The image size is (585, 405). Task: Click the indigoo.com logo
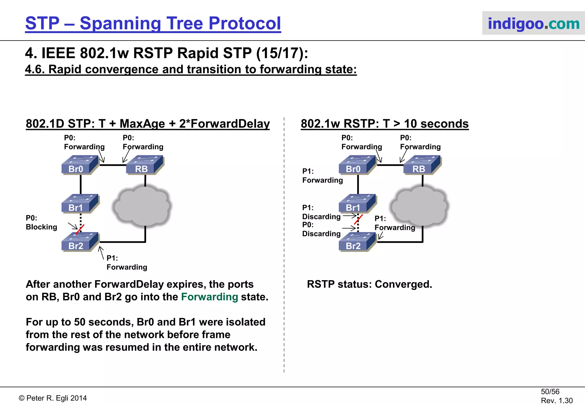[x=533, y=23]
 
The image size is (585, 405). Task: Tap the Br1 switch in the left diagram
[x=80, y=204]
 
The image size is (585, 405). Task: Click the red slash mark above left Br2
[x=80, y=229]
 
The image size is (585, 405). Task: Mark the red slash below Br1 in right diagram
[x=358, y=219]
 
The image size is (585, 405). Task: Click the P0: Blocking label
[x=41, y=222]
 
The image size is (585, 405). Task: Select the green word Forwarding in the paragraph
[x=209, y=297]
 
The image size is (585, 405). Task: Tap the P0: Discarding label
[x=321, y=229]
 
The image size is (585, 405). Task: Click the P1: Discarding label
[x=321, y=212]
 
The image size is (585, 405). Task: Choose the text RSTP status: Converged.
[x=369, y=284]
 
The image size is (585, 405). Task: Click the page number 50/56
[x=550, y=392]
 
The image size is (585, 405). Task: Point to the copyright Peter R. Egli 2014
[x=53, y=398]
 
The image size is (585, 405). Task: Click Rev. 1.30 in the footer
[x=556, y=400]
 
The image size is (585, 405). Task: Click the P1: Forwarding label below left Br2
[x=127, y=263]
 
